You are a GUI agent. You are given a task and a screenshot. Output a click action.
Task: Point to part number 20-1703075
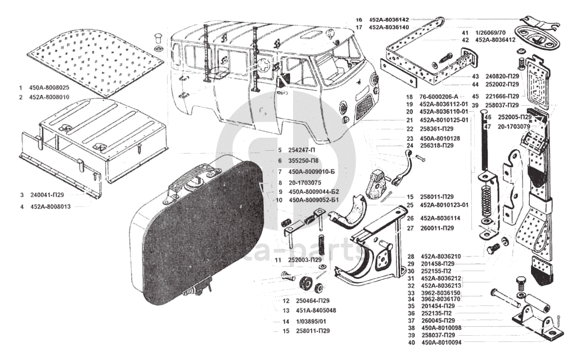pyautogui.click(x=305, y=183)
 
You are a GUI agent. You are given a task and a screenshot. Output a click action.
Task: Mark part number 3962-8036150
pyautogui.click(x=440, y=293)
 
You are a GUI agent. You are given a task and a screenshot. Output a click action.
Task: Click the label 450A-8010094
pyautogui.click(x=440, y=343)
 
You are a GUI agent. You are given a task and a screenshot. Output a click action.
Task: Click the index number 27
pyautogui.click(x=411, y=228)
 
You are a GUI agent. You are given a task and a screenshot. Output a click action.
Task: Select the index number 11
pyautogui.click(x=278, y=260)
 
